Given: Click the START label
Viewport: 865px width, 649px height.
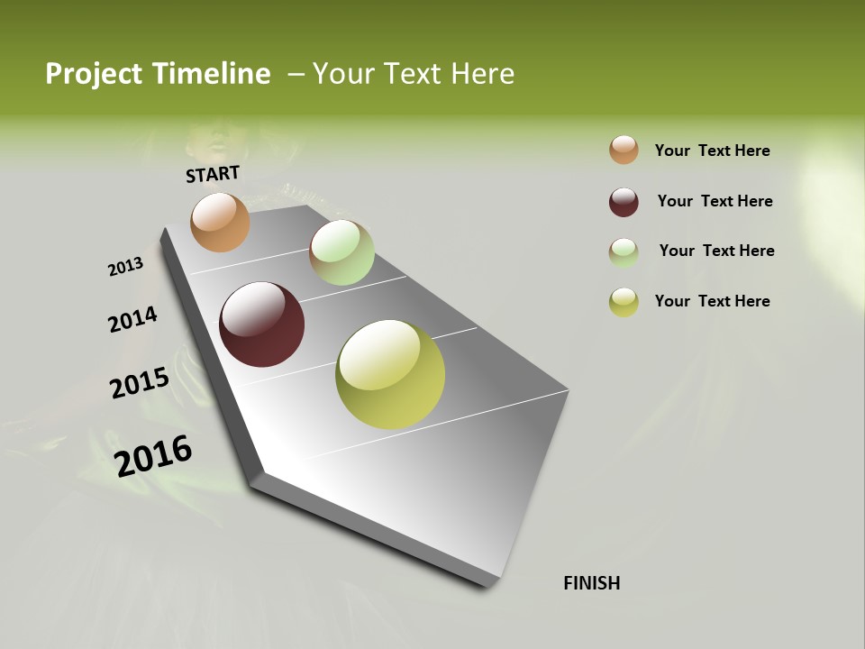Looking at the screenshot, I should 213,174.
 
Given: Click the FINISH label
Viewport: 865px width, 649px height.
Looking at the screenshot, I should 591,583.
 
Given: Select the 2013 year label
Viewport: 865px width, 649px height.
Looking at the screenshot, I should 125,267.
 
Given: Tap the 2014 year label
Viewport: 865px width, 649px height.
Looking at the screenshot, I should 132,320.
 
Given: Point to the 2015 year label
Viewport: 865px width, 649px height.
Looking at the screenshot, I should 139,383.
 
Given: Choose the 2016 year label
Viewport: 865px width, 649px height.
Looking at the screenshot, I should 153,456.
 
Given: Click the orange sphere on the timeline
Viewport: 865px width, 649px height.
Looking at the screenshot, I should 220,222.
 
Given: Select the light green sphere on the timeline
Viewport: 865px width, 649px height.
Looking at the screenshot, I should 341,252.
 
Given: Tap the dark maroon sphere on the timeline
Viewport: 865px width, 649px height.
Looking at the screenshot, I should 261,324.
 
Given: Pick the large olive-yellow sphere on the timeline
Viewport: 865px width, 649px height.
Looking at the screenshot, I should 390,374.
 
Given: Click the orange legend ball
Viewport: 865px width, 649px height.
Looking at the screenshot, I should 624,150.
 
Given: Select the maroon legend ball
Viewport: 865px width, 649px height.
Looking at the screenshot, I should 624,201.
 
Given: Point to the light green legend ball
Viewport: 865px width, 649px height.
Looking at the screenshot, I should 624,251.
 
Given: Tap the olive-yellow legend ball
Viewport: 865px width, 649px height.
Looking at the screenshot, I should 624,302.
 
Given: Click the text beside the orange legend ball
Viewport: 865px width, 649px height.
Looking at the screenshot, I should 712,151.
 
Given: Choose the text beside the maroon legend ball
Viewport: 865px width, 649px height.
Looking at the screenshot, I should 715,201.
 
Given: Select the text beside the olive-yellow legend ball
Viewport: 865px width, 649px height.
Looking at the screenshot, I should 712,301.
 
